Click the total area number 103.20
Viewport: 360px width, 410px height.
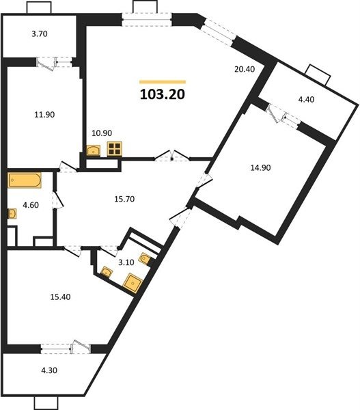click(x=163, y=94)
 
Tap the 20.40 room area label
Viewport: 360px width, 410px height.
click(x=245, y=69)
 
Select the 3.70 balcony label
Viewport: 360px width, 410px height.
click(x=40, y=34)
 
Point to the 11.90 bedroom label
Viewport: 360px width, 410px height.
click(x=44, y=115)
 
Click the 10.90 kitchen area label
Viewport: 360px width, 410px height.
click(x=102, y=133)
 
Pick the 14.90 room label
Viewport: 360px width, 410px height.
click(x=260, y=167)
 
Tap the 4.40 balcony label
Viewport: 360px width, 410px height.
click(x=306, y=99)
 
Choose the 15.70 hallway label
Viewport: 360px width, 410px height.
click(x=124, y=199)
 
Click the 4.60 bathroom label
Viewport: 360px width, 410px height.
click(x=31, y=205)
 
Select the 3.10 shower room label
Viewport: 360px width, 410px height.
click(x=126, y=262)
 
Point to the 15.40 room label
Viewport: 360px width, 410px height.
click(x=60, y=297)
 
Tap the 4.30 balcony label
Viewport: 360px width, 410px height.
click(x=49, y=370)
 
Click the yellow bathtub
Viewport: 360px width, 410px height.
click(x=25, y=180)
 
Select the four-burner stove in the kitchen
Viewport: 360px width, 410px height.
click(x=115, y=149)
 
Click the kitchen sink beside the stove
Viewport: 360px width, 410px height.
click(x=94, y=150)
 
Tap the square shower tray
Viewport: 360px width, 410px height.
click(x=133, y=283)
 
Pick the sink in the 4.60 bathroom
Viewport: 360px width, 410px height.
click(x=12, y=214)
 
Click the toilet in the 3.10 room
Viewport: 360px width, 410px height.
click(x=145, y=258)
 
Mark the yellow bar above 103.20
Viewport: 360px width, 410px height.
click(x=163, y=82)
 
